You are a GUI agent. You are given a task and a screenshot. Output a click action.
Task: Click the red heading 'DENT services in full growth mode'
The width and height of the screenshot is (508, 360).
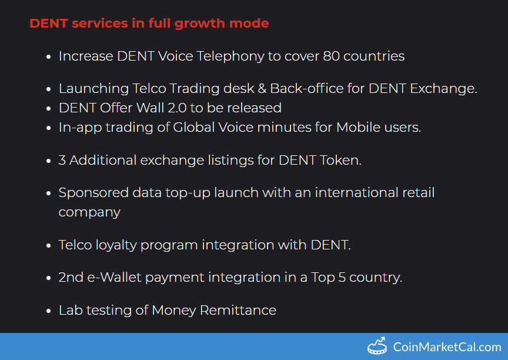click(149, 24)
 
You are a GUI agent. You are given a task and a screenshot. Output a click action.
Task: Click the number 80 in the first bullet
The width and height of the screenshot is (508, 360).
click(331, 56)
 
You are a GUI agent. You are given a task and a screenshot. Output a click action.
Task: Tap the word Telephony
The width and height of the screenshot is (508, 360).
click(230, 56)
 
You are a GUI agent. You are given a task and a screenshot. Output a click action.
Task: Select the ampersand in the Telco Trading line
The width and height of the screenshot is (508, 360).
click(262, 88)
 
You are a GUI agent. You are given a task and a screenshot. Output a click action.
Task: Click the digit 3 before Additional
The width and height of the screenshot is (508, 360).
click(62, 160)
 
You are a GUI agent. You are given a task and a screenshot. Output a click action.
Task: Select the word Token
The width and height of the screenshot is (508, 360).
click(340, 160)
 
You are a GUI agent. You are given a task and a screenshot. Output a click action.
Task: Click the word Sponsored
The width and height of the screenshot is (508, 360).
click(93, 193)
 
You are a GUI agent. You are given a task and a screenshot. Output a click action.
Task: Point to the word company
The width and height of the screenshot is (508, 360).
click(89, 213)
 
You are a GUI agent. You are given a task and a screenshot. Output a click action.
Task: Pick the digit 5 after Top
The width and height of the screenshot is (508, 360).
click(342, 278)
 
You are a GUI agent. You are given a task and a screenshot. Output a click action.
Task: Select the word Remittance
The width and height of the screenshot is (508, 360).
click(238, 310)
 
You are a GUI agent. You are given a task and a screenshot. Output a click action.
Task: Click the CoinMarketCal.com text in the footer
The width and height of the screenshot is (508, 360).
click(447, 347)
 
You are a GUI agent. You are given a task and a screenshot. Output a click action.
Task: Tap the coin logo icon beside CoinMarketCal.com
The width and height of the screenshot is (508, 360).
click(377, 346)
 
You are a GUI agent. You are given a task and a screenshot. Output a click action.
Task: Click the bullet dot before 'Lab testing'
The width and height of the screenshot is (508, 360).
click(49, 311)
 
